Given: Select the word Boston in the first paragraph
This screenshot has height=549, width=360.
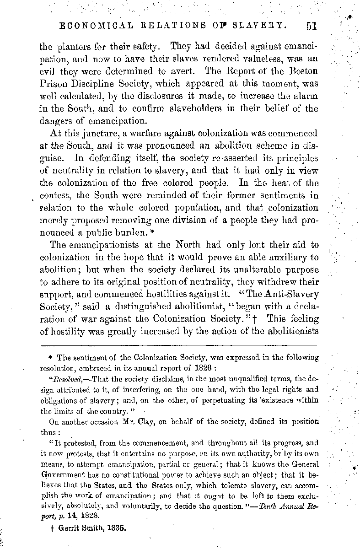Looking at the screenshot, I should click(303, 72).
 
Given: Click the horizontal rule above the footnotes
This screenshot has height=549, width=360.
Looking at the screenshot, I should click(178, 344).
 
